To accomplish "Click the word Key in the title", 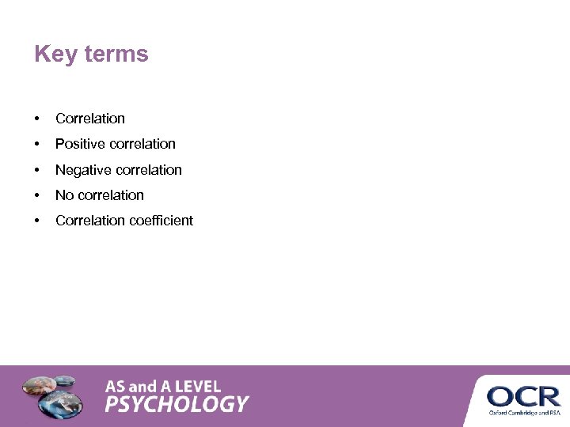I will pos(54,55).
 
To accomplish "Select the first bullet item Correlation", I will pos(90,119).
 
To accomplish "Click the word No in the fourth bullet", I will pos(64,195).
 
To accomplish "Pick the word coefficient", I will pos(161,221).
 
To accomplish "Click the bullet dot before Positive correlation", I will pos(37,144).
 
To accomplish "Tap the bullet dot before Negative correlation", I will pos(37,170).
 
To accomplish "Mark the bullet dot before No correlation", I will pos(37,195).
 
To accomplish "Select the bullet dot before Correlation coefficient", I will pos(37,221).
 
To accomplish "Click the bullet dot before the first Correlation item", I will pos(37,119).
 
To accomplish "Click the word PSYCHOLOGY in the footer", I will pos(177,405).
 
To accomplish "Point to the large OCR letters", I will pos(523,395).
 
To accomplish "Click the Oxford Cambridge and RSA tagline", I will pos(523,412).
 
